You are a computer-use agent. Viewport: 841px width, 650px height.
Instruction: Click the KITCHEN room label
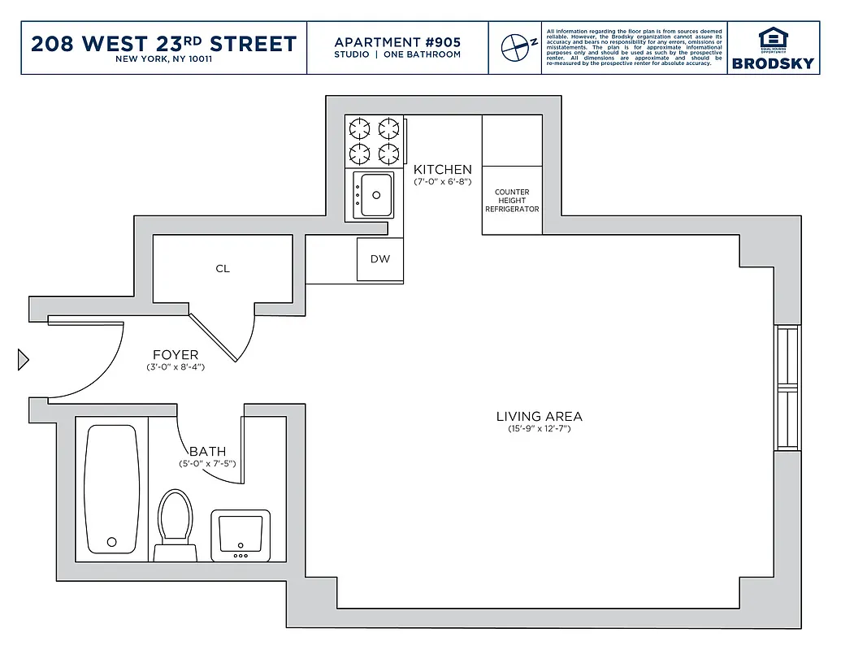point(442,169)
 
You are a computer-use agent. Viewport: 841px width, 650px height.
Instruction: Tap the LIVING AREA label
point(539,416)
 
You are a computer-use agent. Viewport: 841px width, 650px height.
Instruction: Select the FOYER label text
point(176,355)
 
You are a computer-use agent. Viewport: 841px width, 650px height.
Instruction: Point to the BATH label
point(207,452)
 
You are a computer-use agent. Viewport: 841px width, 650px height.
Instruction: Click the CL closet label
point(223,268)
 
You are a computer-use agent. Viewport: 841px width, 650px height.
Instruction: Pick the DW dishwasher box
point(379,260)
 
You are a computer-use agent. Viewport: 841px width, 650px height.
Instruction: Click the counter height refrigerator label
point(512,201)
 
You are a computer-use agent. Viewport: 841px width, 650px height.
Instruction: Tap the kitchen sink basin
point(376,194)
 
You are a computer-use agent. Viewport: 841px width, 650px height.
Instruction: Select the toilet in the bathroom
point(176,520)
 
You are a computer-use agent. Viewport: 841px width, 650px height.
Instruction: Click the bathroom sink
point(241,534)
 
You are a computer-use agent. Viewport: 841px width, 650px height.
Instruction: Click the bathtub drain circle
point(112,540)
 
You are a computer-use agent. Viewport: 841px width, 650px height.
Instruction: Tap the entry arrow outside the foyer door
point(24,359)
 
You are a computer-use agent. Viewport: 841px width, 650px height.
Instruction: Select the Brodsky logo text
point(772,63)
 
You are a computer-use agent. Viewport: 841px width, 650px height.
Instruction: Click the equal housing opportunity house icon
point(772,37)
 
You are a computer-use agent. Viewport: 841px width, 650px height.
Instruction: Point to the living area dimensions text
point(539,428)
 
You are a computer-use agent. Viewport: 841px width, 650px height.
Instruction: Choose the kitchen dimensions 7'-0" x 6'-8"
point(442,181)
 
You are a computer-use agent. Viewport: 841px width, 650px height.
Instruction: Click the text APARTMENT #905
point(397,41)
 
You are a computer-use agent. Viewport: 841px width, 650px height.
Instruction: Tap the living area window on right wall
point(787,388)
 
